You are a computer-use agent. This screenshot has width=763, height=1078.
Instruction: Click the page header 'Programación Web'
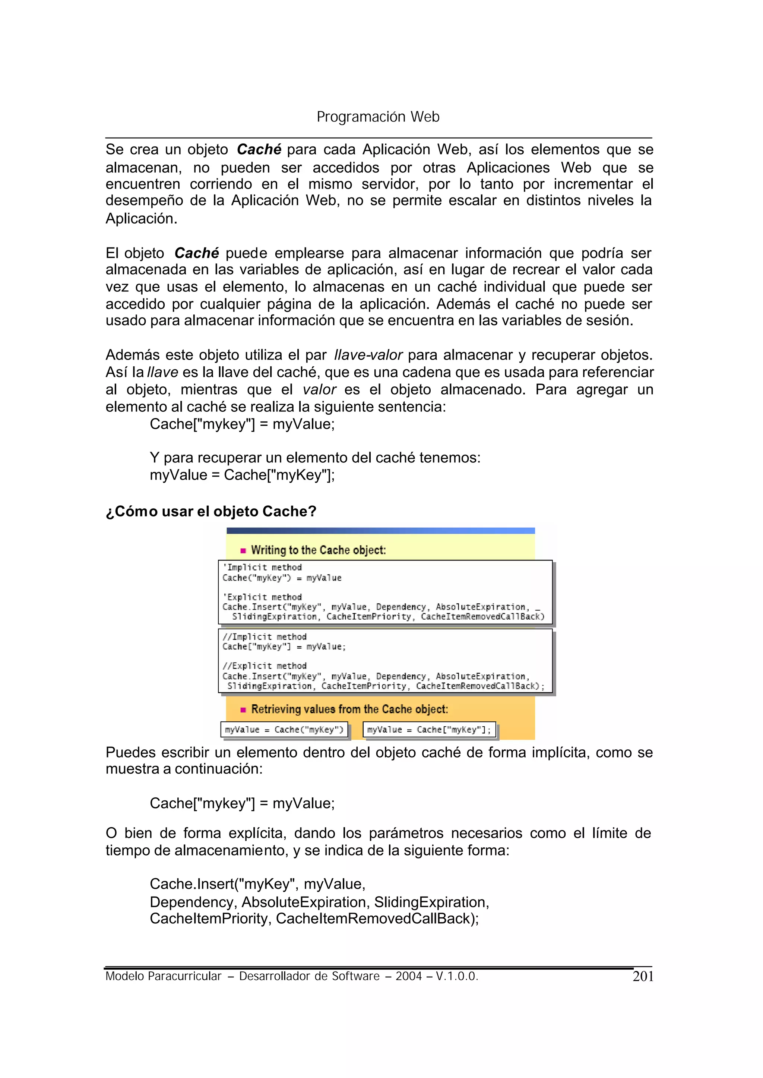tap(378, 117)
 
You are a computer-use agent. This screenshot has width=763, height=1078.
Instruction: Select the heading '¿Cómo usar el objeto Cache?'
tap(211, 511)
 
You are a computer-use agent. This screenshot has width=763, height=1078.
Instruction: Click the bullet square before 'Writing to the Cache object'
tap(243, 551)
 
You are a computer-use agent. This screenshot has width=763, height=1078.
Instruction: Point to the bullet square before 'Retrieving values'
tap(243, 709)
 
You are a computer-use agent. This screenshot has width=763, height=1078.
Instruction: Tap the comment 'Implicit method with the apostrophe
tap(262, 568)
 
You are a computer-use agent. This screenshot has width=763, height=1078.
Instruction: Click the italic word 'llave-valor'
tap(368, 355)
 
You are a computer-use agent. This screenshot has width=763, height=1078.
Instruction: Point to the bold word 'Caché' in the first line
tap(259, 149)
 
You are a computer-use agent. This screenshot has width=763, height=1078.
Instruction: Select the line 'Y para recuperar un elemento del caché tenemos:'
tap(315, 458)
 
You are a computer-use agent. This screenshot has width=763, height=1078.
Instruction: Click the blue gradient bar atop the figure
tap(380, 531)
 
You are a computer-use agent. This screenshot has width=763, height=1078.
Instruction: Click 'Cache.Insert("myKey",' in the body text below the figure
tap(224, 884)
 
